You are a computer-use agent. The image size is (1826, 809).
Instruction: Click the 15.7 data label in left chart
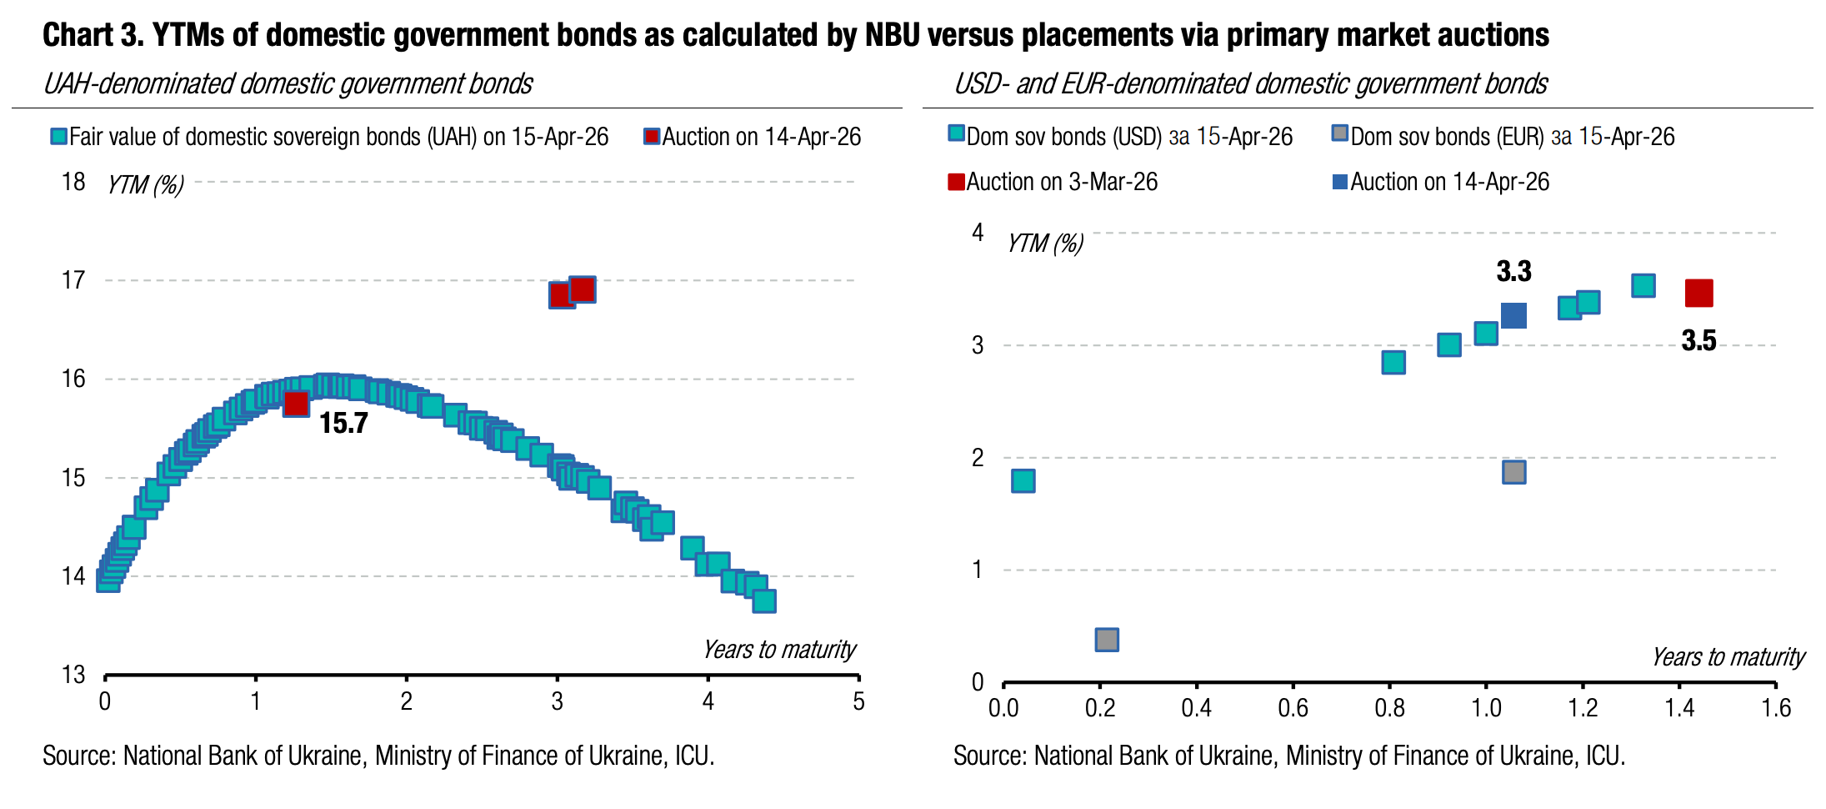[343, 424]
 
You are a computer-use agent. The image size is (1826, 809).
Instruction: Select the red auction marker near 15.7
[296, 404]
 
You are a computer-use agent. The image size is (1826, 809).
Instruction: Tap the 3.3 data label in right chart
[1513, 271]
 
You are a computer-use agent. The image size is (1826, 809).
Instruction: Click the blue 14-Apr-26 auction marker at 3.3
[1513, 315]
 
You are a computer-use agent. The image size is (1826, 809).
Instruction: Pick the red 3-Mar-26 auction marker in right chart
[1698, 293]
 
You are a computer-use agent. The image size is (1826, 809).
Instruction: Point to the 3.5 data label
[1698, 340]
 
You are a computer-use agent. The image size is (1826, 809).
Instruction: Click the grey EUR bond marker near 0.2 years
[1106, 640]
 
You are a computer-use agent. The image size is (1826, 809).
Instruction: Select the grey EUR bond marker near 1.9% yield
[1514, 472]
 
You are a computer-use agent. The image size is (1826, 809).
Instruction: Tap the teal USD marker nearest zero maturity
[1023, 480]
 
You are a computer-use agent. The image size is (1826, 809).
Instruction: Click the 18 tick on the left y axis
[73, 182]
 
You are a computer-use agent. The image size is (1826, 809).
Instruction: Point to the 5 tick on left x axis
[858, 702]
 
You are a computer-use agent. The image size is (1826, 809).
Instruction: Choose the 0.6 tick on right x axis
[1293, 709]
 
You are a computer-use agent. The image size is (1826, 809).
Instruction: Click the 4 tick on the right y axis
[978, 232]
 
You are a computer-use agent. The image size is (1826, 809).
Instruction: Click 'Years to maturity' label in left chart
[778, 650]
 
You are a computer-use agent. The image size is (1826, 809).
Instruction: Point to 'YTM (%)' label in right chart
[1045, 244]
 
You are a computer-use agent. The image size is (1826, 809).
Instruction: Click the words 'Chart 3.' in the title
[92, 35]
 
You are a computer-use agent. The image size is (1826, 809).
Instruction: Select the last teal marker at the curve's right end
[764, 600]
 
